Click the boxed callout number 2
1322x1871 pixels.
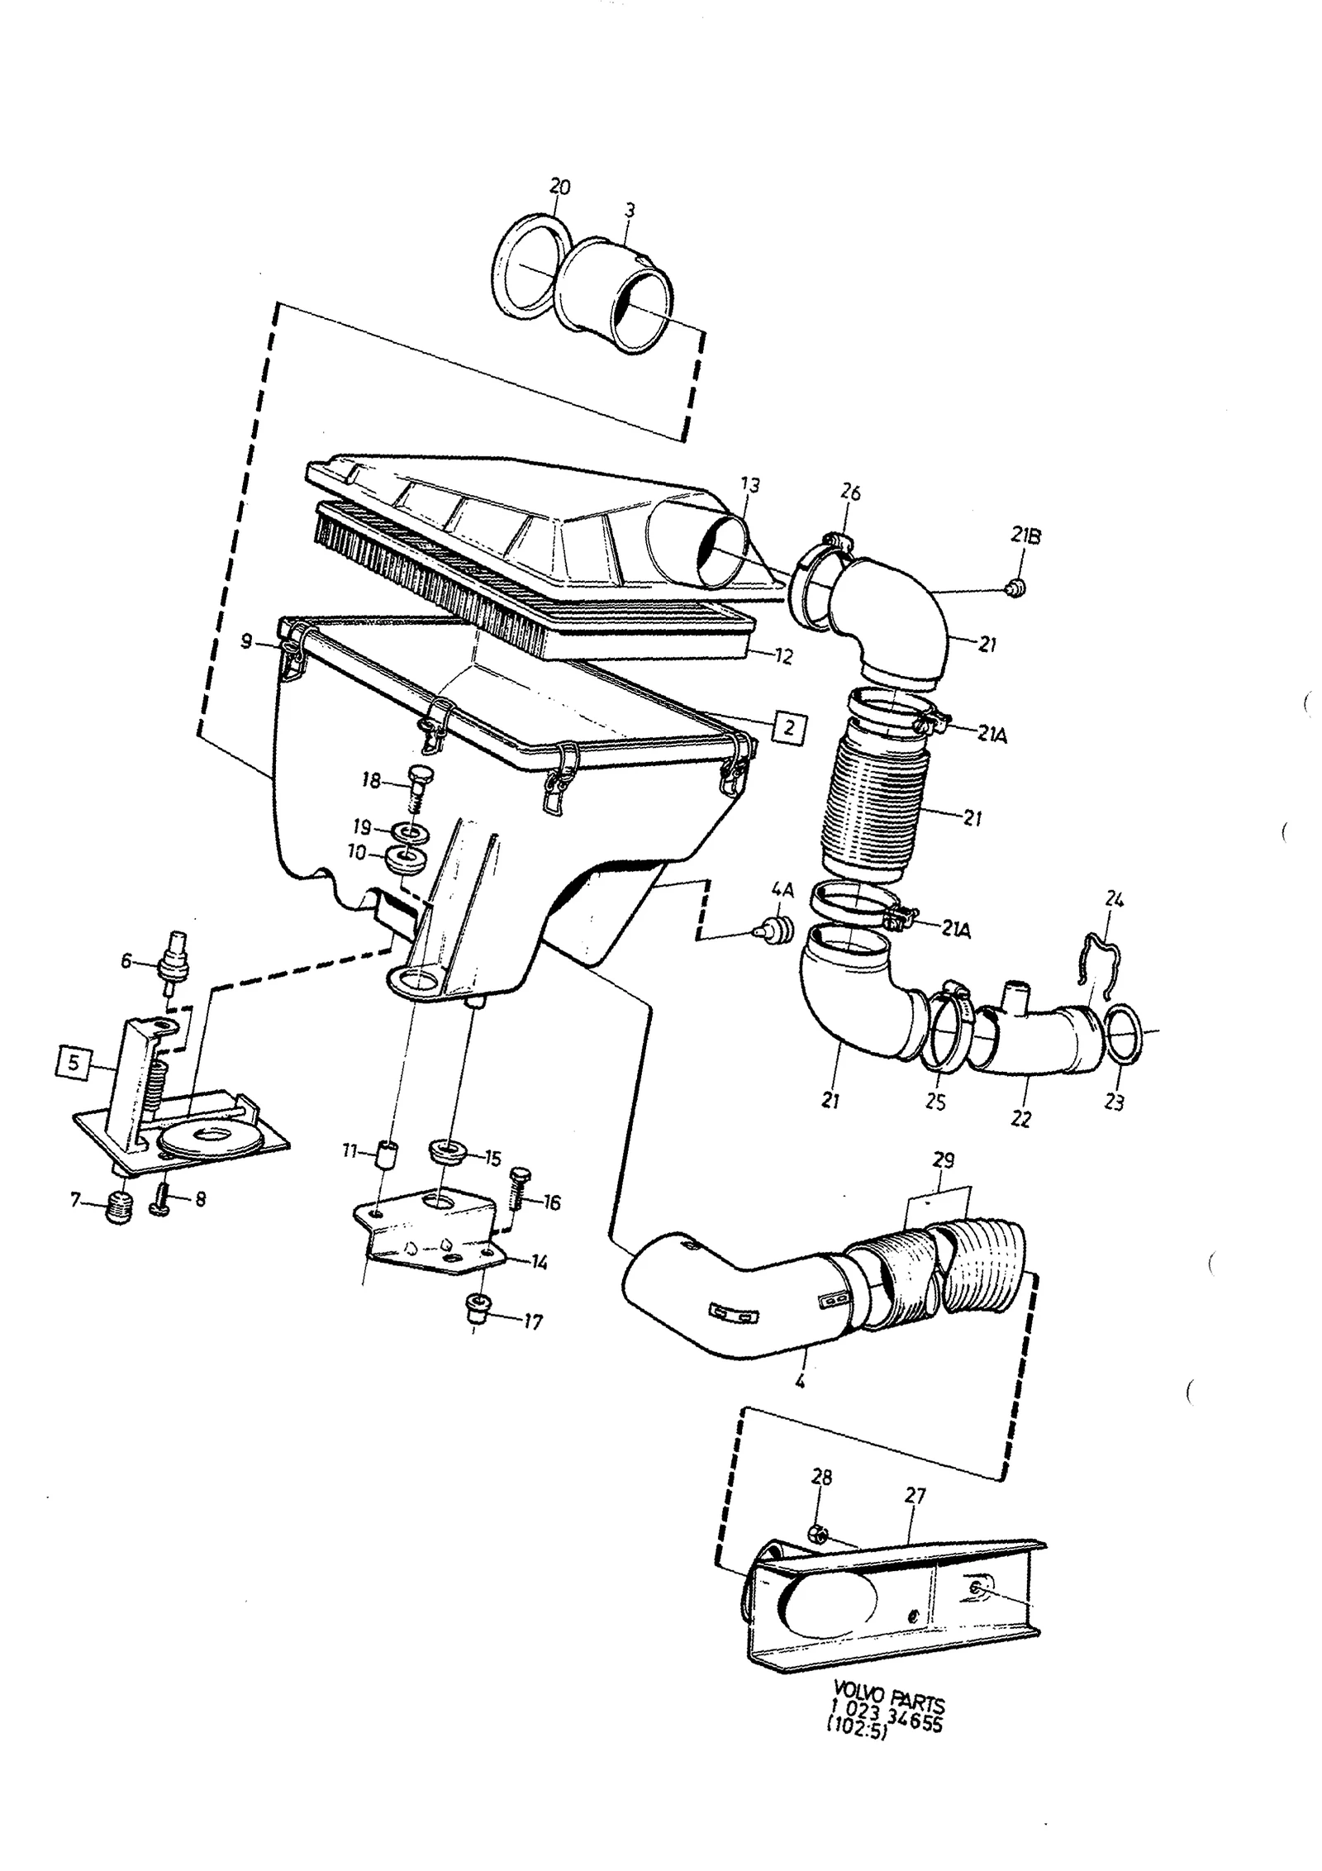tap(789, 728)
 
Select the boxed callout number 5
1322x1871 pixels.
tap(74, 1063)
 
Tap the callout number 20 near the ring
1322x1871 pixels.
tap(559, 188)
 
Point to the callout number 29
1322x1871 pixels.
tap(942, 1161)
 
